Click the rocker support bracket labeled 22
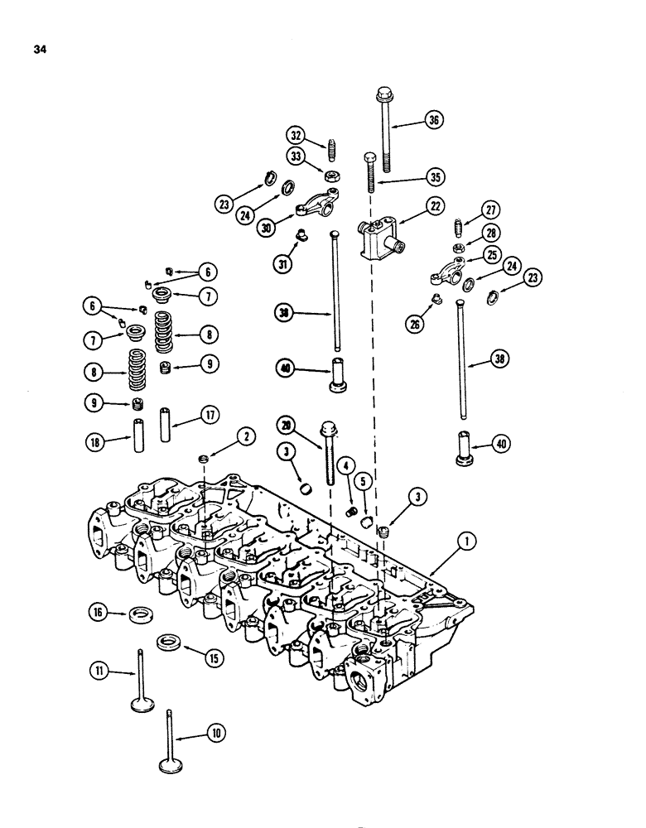point(377,237)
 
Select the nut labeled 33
point(329,176)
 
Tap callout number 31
point(284,264)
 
